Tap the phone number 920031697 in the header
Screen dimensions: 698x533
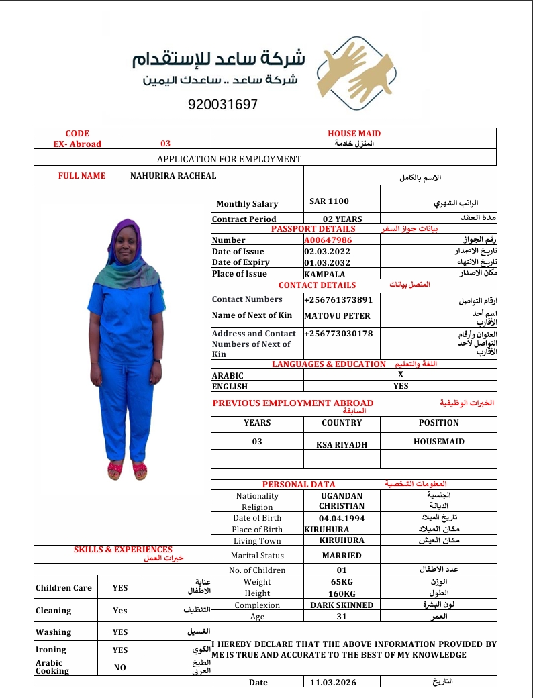coord(223,105)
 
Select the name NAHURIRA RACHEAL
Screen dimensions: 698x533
coord(173,176)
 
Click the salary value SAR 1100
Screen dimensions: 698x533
coord(329,201)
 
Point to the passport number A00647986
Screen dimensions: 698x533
coord(328,240)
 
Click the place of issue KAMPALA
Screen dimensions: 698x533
coord(324,274)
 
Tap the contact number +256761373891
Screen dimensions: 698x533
coord(338,299)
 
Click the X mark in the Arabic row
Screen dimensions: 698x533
coord(401,375)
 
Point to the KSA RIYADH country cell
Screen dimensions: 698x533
coord(342,444)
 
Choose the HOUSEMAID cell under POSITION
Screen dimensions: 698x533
coord(439,442)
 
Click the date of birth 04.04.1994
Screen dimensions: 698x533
coord(342,518)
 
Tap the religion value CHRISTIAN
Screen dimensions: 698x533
coord(342,506)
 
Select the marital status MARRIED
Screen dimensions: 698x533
coord(342,556)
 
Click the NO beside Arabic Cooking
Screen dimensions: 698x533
coord(119,668)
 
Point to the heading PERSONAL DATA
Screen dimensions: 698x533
coord(299,484)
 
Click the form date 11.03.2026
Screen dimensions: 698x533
coord(334,682)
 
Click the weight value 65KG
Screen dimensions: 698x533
coord(342,582)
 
